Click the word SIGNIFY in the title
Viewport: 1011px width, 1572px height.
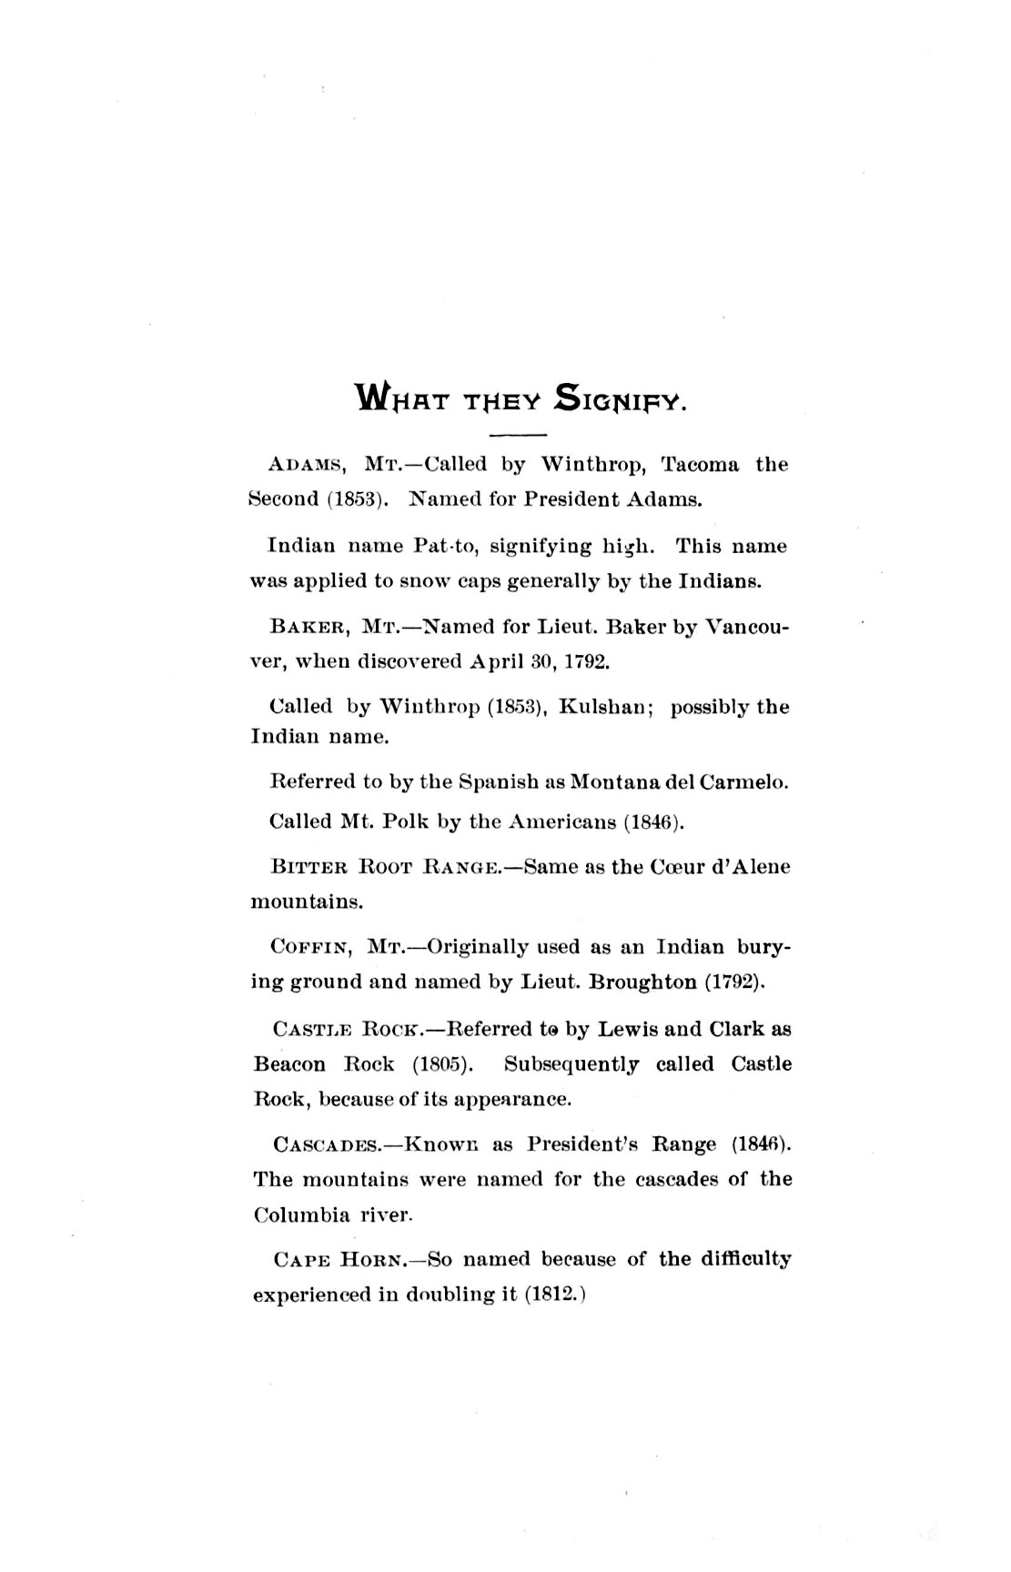[618, 398]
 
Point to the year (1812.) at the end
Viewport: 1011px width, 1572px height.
[554, 1295]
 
